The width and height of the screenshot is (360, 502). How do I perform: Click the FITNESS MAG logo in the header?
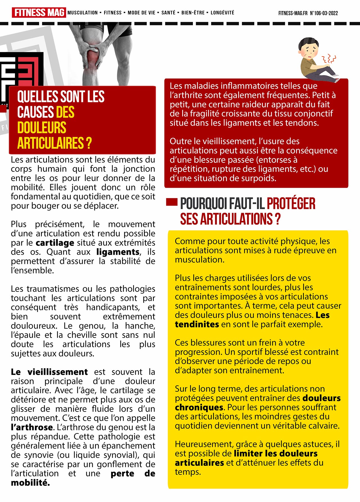point(39,13)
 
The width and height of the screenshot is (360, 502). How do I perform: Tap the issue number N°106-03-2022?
point(324,13)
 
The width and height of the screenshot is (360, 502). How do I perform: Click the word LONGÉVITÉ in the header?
point(222,13)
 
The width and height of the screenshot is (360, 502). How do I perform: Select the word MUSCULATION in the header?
point(82,13)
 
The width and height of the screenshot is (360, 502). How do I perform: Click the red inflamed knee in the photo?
point(93,58)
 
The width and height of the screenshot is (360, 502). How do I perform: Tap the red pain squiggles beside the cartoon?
point(329,59)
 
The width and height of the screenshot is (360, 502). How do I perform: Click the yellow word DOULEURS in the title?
point(42,128)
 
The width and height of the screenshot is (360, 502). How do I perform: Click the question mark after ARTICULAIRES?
point(89,143)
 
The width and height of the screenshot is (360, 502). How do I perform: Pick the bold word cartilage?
point(55,243)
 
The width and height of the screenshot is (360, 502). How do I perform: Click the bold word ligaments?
point(118,252)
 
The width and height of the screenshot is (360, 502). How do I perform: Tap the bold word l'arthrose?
point(32,428)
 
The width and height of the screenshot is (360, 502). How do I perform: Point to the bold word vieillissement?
point(58,372)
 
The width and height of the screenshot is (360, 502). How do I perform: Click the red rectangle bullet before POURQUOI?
point(172,202)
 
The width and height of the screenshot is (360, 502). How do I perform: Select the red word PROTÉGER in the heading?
point(291,203)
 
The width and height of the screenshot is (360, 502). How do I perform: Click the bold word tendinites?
point(197,324)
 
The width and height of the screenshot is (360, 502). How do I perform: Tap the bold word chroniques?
point(199,408)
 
